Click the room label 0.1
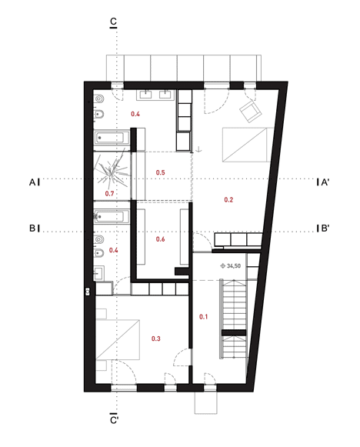pos(204,316)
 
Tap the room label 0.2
pos(228,200)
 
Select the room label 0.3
pos(156,339)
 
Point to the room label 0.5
pos(161,172)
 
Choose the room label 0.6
pos(161,239)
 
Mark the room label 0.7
pos(110,193)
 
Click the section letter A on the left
pos(33,182)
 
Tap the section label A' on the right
pos(325,182)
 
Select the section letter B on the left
pos(33,229)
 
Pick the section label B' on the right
pos(325,229)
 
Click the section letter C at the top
pos(114,21)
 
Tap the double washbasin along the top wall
pos(156,95)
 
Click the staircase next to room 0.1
pos(233,318)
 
